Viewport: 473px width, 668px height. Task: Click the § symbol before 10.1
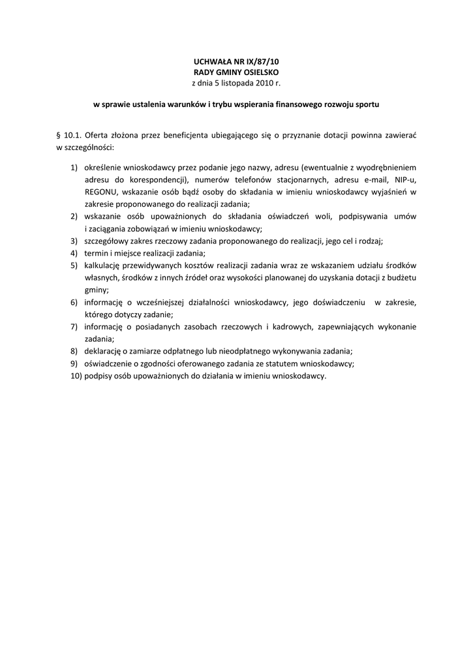point(59,136)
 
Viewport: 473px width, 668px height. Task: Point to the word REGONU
point(100,192)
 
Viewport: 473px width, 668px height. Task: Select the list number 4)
point(76,253)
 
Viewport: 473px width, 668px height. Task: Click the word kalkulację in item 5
point(104,266)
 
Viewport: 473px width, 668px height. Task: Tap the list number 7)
point(76,326)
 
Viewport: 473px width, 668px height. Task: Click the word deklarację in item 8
point(104,351)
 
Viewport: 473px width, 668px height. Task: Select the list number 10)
point(77,376)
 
